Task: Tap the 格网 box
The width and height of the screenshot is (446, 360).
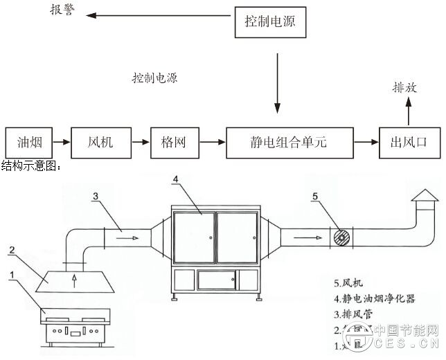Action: pos(170,143)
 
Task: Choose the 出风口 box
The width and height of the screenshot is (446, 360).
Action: pos(408,143)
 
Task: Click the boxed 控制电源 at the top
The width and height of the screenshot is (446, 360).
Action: pos(269,22)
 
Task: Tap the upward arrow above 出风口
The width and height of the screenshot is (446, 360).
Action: pos(409,111)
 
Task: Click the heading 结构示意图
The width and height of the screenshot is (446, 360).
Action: pos(32,166)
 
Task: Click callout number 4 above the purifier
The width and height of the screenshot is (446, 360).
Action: pos(177,179)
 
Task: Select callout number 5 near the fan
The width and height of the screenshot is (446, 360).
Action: pos(315,196)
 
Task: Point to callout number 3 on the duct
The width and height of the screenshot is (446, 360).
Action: pos(96,196)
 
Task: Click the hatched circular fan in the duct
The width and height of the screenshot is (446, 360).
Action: pos(340,237)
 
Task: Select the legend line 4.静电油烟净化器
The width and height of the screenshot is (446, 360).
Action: pos(377,299)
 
